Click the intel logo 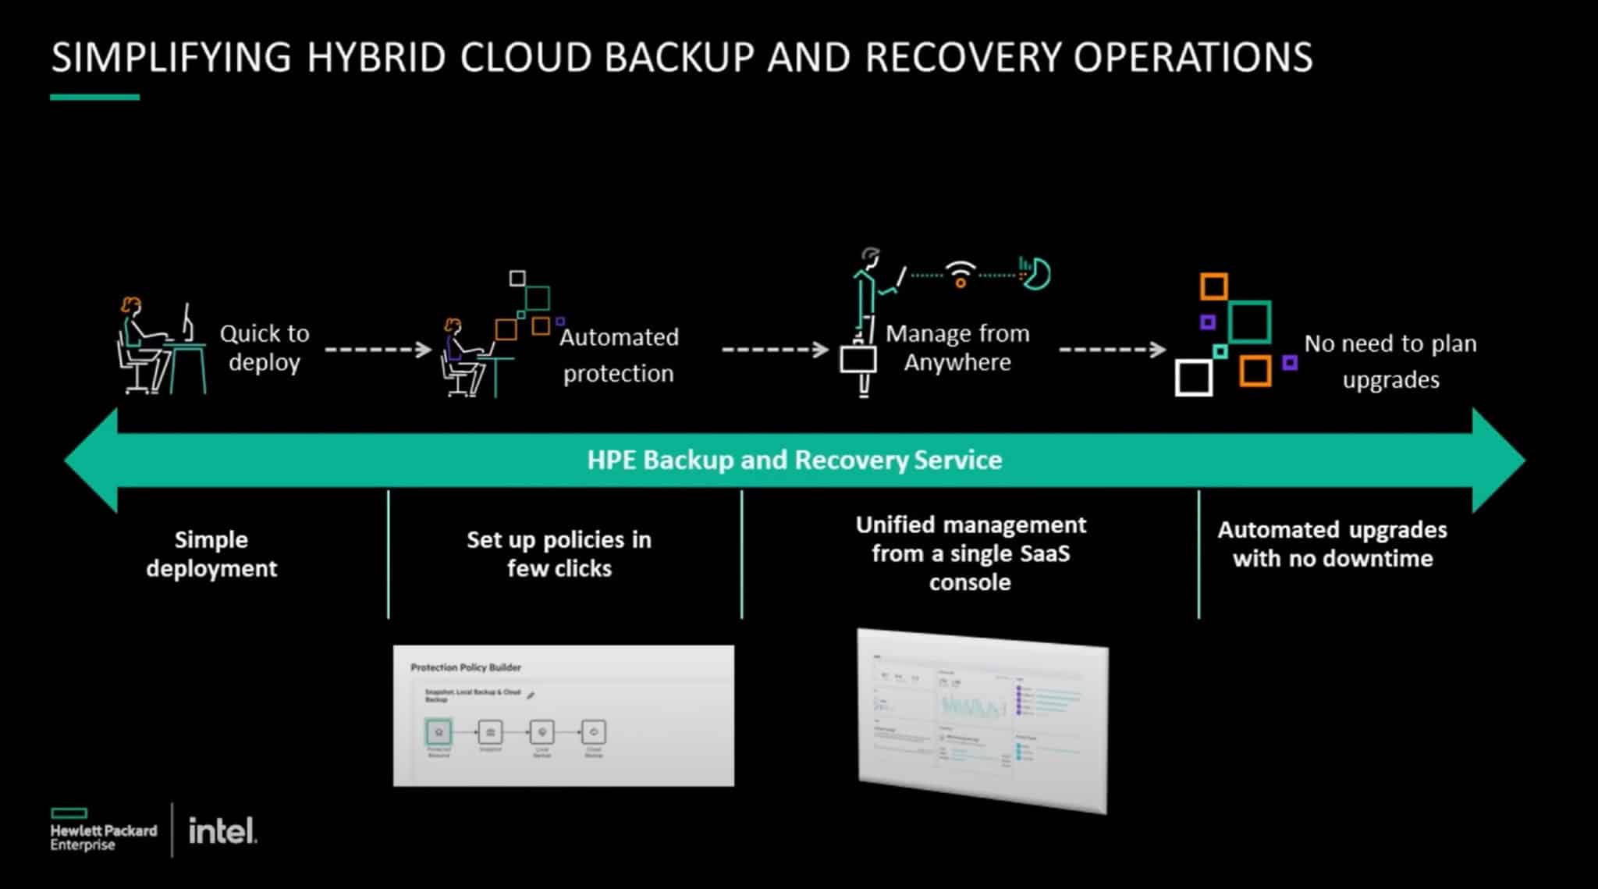point(222,830)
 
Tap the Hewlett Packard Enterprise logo point(103,830)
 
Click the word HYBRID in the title point(375,58)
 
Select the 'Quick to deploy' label point(265,347)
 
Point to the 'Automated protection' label point(619,355)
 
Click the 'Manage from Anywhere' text point(957,347)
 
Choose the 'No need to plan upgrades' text point(1390,361)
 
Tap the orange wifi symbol point(961,274)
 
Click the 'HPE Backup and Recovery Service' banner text point(794,460)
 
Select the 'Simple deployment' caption point(211,553)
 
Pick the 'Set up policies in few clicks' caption point(559,553)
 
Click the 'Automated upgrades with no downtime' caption point(1332,544)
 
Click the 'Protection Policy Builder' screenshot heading point(466,667)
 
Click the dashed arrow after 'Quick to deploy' point(378,349)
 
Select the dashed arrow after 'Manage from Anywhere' point(1112,349)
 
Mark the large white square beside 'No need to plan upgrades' point(1194,378)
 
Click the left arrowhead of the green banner point(90,461)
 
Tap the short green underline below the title point(94,98)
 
